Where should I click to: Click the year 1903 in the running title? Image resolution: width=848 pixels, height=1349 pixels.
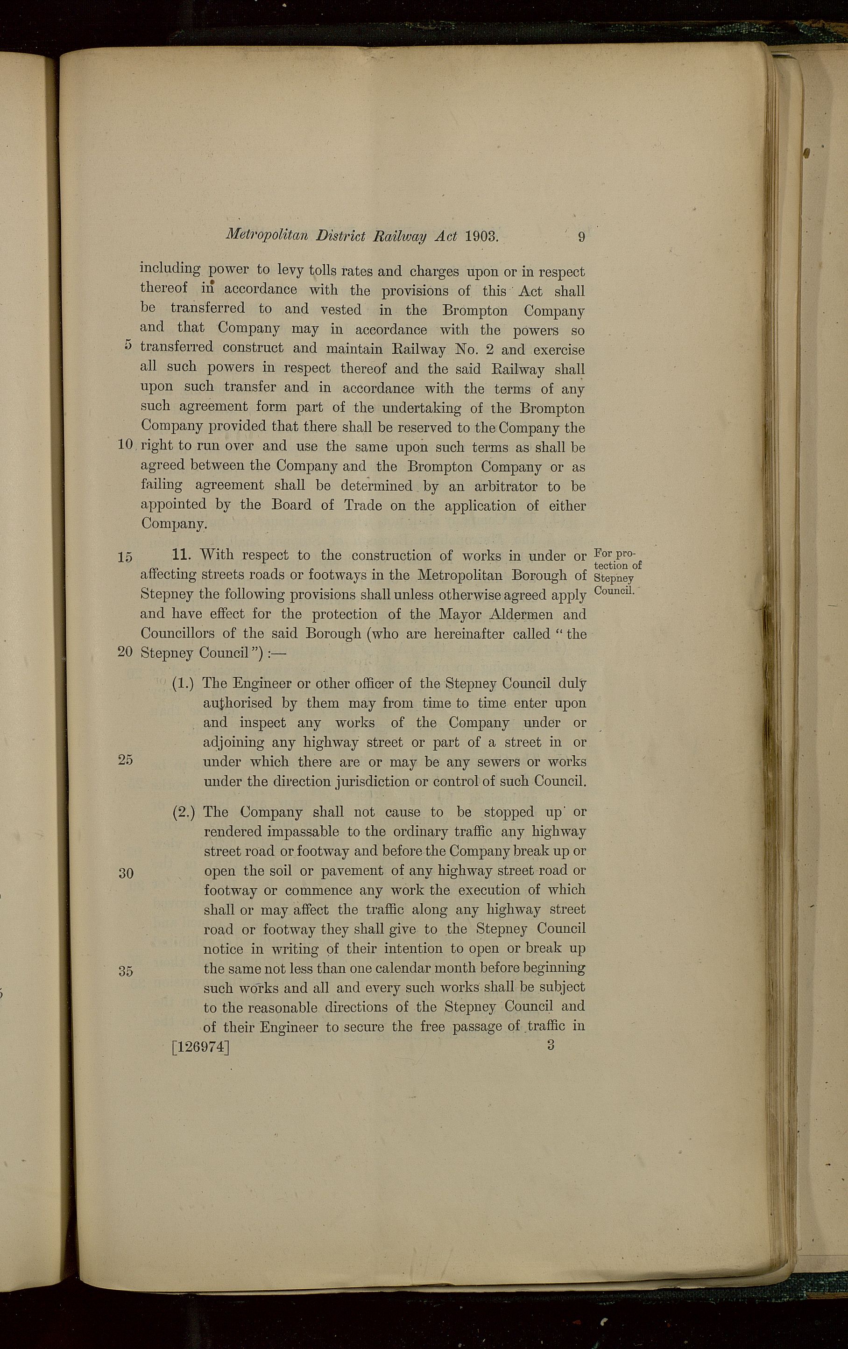(x=481, y=236)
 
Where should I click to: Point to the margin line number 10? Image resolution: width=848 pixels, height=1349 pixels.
(x=125, y=445)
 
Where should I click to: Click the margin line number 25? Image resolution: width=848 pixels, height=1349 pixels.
(x=125, y=759)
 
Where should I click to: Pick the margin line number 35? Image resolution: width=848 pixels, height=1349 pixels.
(x=125, y=971)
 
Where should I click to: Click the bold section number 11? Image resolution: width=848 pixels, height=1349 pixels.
(x=183, y=555)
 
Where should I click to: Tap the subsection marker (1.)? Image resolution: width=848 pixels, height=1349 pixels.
(x=183, y=683)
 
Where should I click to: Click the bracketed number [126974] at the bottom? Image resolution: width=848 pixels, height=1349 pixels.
(x=201, y=1047)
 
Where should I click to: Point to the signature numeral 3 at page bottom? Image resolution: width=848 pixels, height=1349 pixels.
(x=551, y=1044)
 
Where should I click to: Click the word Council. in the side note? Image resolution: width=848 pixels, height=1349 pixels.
(x=613, y=590)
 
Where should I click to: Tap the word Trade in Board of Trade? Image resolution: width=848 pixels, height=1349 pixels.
(x=363, y=505)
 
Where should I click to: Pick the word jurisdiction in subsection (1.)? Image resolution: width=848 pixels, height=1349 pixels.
(x=366, y=781)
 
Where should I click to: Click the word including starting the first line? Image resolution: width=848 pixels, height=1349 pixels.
(x=170, y=269)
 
